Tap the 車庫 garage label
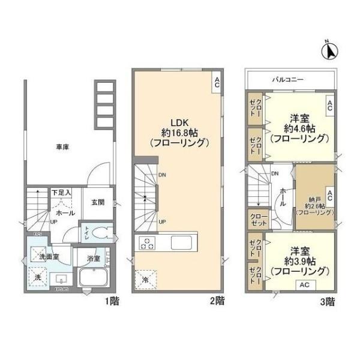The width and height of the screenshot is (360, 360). pyautogui.click(x=62, y=147)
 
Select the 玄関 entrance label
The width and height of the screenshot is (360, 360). pyautogui.click(x=98, y=202)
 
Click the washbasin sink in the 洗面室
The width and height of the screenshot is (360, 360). pyautogui.click(x=61, y=279)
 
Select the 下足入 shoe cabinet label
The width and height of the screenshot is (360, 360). pyautogui.click(x=61, y=193)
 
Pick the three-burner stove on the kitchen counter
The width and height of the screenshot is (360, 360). pyautogui.click(x=148, y=243)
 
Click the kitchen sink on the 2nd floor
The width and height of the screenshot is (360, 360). pyautogui.click(x=181, y=242)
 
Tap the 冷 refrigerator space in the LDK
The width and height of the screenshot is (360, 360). pyautogui.click(x=146, y=279)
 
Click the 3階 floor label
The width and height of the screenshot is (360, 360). pyautogui.click(x=327, y=301)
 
